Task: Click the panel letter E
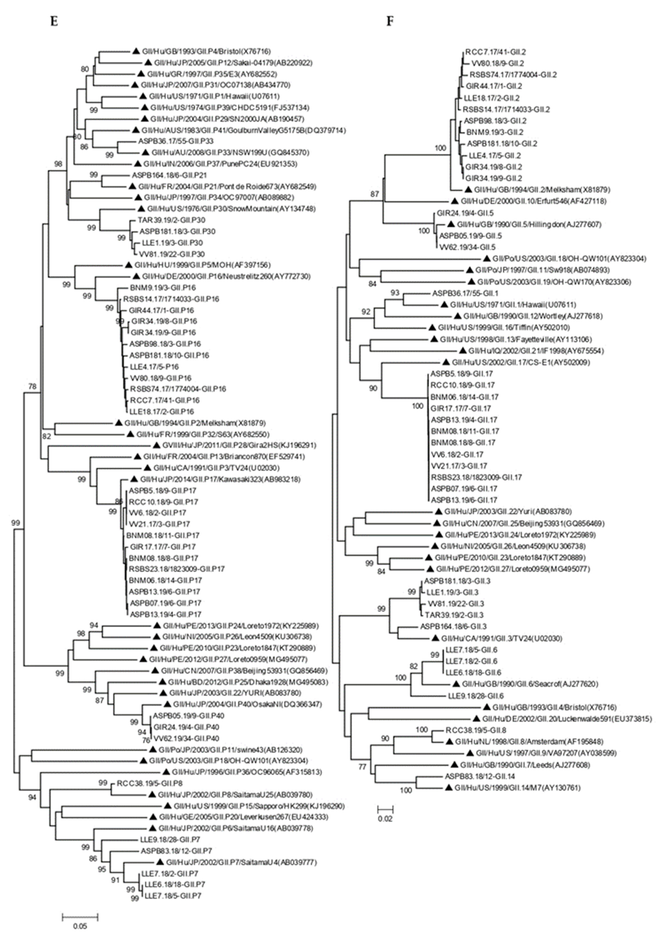click(54, 21)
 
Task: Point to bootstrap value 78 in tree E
click(32, 387)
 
